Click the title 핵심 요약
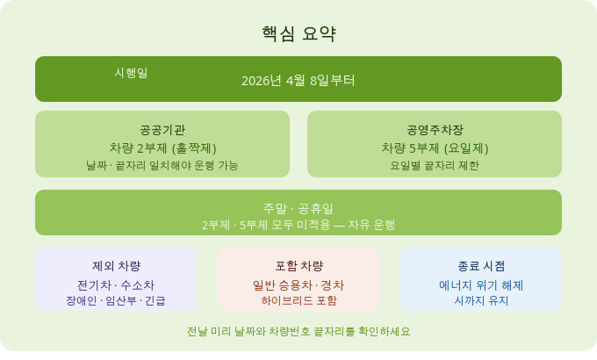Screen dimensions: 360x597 click(298, 34)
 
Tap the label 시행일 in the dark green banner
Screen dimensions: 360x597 click(131, 73)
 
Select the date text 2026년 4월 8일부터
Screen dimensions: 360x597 click(298, 81)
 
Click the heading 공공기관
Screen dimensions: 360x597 click(162, 129)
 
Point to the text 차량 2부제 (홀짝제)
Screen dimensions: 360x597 click(162, 148)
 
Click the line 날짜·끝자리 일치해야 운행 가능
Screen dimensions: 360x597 click(162, 165)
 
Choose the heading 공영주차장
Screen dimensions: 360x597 click(435, 129)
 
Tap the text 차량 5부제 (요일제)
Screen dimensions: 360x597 click(435, 148)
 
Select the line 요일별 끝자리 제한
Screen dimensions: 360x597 click(435, 165)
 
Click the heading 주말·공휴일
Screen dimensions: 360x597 click(298, 208)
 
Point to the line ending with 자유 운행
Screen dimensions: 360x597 click(298, 225)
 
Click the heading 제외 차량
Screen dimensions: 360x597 click(116, 266)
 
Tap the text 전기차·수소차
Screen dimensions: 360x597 click(116, 284)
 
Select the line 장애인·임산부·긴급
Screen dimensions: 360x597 click(116, 300)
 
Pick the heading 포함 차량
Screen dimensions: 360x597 click(298, 266)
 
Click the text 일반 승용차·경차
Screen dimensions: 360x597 click(298, 284)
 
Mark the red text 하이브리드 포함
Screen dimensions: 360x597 click(298, 300)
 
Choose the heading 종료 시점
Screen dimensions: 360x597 click(481, 266)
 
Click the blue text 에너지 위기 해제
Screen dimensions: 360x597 click(481, 284)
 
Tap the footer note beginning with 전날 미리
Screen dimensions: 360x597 click(298, 332)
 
